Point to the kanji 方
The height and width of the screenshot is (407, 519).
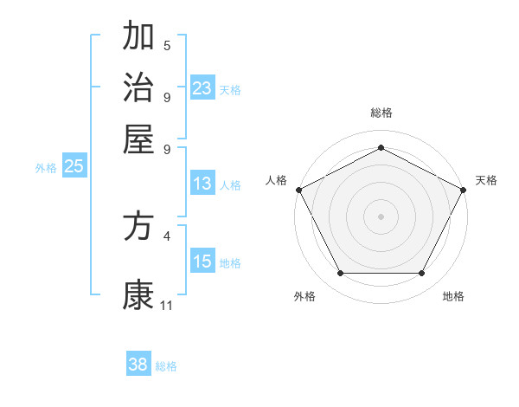click(138, 227)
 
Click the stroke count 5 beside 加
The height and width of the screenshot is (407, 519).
click(167, 45)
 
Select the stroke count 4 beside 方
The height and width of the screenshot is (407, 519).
click(167, 235)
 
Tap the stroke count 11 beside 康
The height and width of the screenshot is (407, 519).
click(167, 305)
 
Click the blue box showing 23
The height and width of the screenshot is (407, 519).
click(202, 87)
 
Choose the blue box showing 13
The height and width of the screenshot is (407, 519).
click(202, 184)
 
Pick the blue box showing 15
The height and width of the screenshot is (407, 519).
click(202, 262)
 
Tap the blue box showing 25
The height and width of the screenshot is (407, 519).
click(74, 166)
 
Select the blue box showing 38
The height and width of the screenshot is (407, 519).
click(138, 365)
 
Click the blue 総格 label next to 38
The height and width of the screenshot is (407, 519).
click(166, 366)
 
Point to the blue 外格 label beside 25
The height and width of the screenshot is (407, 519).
click(46, 168)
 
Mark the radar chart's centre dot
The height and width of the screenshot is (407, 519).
click(381, 216)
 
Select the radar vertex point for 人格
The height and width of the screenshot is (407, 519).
click(298, 189)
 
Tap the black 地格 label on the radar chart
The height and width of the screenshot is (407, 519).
click(453, 297)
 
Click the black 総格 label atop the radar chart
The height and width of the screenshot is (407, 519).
click(381, 113)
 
